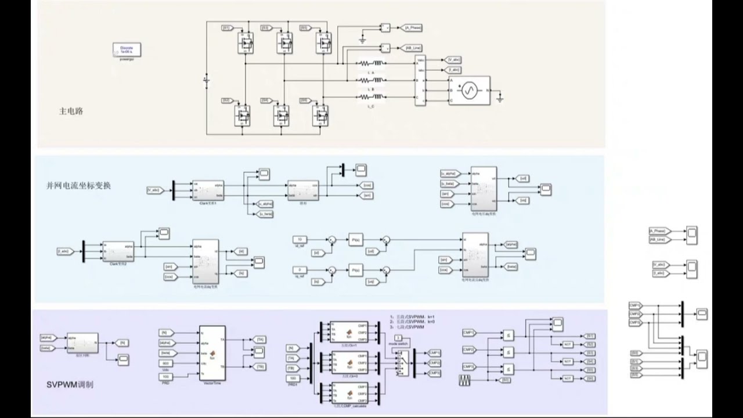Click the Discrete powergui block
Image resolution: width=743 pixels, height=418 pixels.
coord(127,49)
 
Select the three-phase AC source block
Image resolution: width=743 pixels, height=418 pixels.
coord(468,90)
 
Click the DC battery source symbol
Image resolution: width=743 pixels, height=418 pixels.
coord(207,78)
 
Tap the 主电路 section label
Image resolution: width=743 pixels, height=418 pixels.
coord(71,110)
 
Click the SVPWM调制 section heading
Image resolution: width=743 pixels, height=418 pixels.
coord(70,384)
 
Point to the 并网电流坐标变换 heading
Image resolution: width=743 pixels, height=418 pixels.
coord(78,186)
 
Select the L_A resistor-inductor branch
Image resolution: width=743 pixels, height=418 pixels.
coord(370,63)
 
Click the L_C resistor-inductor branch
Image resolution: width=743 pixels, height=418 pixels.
coord(370,97)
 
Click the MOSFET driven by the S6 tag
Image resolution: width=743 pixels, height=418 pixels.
coord(321,115)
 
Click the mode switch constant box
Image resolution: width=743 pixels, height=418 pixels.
coord(398,337)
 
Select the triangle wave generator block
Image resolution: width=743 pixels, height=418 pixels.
coord(467,380)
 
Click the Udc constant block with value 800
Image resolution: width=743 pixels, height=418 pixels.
coord(166,363)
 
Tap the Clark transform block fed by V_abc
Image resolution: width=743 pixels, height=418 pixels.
coord(208,189)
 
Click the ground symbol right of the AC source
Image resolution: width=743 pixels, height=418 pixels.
coord(500,99)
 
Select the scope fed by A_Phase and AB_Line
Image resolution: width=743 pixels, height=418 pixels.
coord(691,235)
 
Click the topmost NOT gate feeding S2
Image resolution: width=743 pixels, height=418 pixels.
coord(568,344)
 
